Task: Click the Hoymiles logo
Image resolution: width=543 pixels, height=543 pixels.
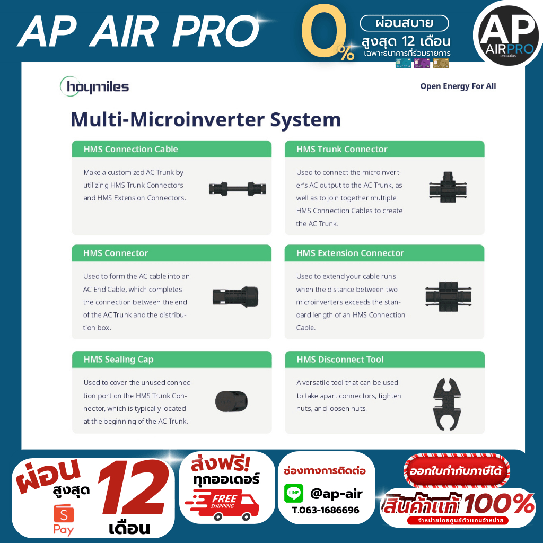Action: click(94, 86)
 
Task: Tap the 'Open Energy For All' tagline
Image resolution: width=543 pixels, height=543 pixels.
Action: click(458, 86)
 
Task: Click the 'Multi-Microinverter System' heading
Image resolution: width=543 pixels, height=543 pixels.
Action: click(206, 119)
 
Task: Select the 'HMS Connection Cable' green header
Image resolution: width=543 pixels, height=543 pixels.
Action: click(171, 149)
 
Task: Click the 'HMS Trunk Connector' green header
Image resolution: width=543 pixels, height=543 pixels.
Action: click(384, 149)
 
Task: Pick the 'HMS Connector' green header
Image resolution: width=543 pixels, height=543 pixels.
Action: click(171, 253)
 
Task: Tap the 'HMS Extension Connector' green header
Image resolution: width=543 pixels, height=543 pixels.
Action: click(384, 253)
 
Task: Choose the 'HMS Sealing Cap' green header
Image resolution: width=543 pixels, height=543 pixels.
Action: click(172, 360)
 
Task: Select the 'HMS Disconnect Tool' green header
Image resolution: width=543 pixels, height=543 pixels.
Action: click(385, 360)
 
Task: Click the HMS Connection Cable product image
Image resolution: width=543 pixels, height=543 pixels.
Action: click(238, 189)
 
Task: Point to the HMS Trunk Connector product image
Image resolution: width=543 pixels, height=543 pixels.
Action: click(448, 187)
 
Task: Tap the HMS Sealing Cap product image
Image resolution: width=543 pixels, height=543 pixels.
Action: click(231, 401)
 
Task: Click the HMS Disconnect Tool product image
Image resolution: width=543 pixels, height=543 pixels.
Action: click(447, 404)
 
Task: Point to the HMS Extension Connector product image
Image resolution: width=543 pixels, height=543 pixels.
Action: click(448, 297)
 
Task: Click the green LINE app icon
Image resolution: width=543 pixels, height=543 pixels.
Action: click(294, 493)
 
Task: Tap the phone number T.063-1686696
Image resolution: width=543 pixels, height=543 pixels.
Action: click(326, 510)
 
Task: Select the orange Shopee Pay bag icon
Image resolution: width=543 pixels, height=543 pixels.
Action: click(64, 513)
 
